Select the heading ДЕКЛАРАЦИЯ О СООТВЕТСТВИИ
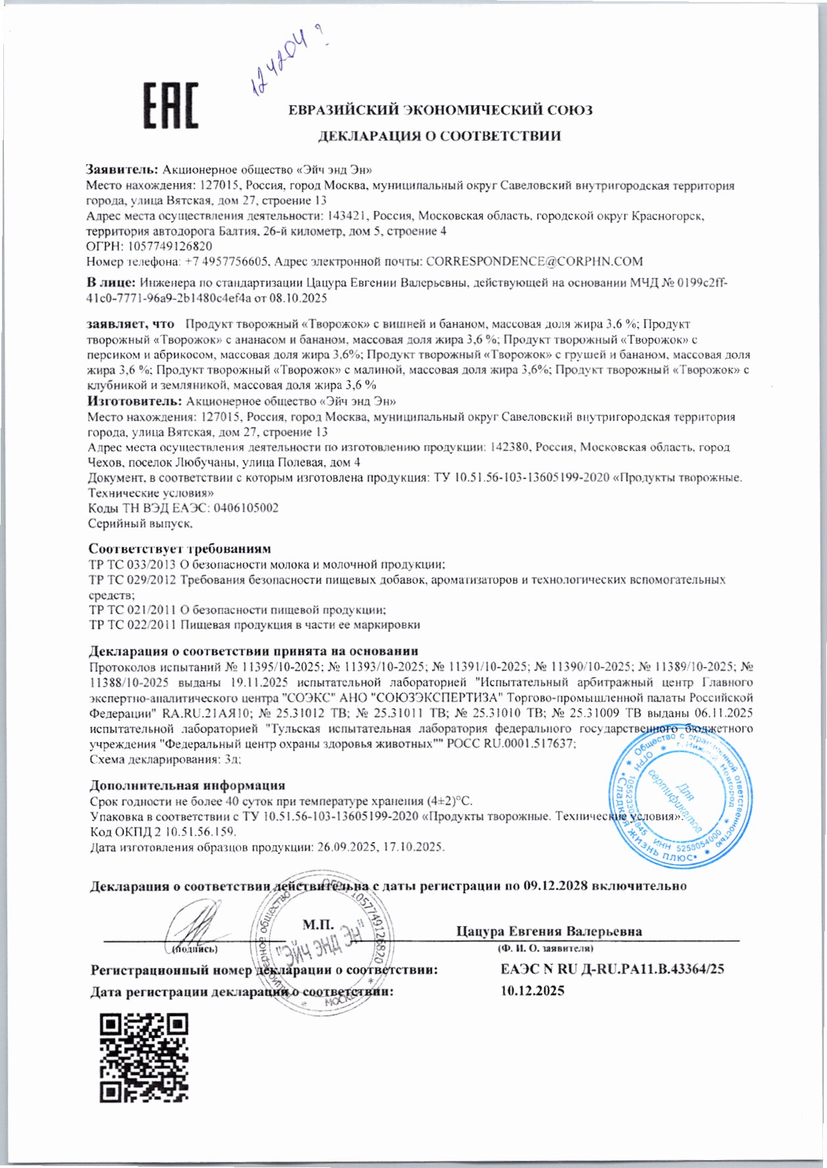440,136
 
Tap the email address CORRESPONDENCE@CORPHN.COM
534,262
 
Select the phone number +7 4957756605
224,262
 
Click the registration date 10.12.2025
532,991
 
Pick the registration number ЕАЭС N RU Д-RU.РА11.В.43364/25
612,969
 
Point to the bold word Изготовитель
134,401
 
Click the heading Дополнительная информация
187,785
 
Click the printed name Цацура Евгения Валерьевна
549,931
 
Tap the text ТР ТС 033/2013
132,564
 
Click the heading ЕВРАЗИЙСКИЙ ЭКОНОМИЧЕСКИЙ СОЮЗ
440,110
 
